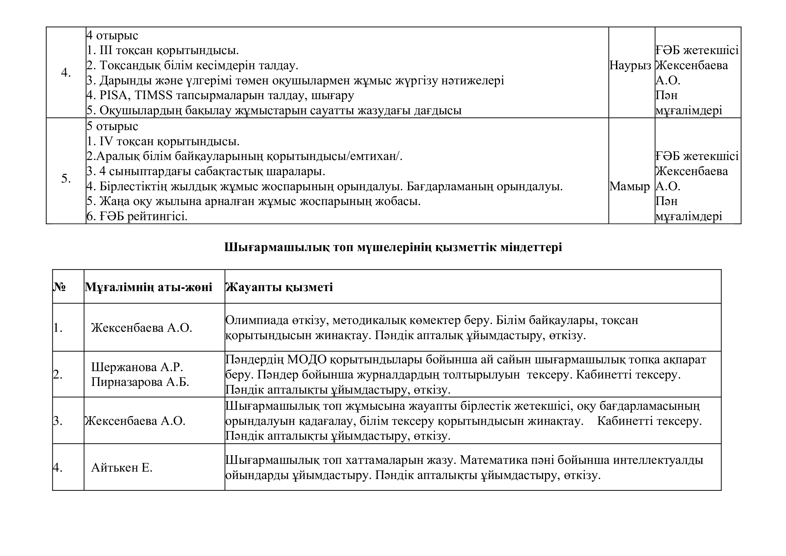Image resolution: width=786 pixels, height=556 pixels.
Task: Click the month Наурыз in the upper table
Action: coord(630,66)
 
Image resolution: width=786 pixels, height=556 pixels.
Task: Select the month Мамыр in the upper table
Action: coord(629,187)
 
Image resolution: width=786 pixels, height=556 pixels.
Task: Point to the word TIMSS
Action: coord(154,95)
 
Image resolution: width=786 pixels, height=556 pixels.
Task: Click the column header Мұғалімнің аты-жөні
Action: coord(149,287)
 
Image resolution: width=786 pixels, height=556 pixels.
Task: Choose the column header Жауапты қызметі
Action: coord(279,287)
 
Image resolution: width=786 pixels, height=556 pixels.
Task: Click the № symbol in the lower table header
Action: coord(59,287)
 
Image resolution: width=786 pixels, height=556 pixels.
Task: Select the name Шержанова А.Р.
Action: coord(137,367)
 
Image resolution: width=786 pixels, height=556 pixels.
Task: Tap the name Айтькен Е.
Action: coord(122,468)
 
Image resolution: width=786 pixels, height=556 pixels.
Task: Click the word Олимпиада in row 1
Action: coord(254,320)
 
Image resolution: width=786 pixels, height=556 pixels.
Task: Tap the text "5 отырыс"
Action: coord(112,126)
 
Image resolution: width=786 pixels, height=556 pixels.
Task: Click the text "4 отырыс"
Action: coord(112,36)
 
